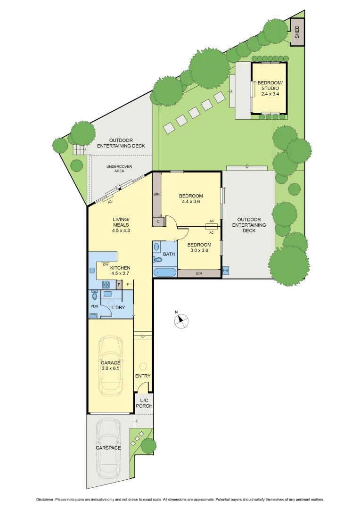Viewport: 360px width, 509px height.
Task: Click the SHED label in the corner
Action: [x=297, y=32]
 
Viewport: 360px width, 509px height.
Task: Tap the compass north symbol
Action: [x=181, y=321]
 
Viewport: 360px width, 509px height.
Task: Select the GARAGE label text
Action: [x=110, y=363]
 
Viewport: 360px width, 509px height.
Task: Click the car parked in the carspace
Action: [x=109, y=448]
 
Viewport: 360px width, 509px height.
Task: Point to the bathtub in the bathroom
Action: [x=165, y=272]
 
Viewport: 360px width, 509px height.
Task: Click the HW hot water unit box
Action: [x=226, y=271]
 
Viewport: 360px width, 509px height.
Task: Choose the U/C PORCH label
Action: [x=143, y=403]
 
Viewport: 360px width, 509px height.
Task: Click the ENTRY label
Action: [x=143, y=376]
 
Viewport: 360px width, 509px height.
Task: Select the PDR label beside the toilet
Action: [x=94, y=306]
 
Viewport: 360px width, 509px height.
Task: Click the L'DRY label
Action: [x=117, y=308]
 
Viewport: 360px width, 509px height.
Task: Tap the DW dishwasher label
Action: [x=106, y=264]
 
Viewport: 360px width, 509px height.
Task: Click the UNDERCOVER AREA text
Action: [x=115, y=168]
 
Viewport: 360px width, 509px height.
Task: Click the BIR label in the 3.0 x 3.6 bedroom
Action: [x=199, y=273]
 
